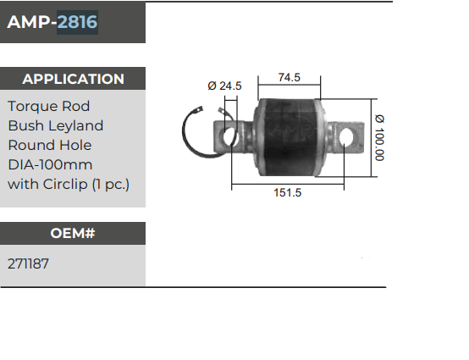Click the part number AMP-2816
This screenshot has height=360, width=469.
point(52,23)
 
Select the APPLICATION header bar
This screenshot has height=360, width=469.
point(73,79)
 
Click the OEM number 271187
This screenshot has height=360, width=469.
point(28,264)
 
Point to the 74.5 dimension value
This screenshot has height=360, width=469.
point(290,77)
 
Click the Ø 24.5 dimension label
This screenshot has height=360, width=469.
point(224,86)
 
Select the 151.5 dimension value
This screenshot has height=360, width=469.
point(288,192)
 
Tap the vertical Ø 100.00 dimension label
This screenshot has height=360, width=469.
point(380,137)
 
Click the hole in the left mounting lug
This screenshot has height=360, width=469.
point(227,135)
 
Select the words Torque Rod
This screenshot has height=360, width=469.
point(48,107)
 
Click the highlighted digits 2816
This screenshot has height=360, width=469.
point(77,23)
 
